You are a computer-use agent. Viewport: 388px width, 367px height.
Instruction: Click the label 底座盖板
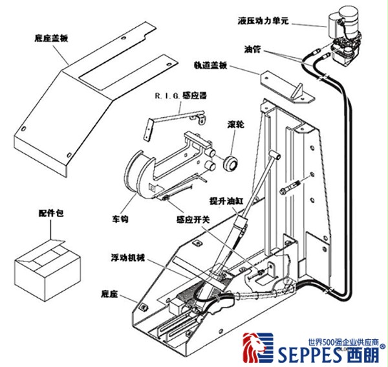[x=50, y=38]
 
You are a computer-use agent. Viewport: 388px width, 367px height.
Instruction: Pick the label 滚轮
[x=235, y=123]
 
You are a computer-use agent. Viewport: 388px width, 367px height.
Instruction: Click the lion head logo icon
[x=253, y=350]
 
